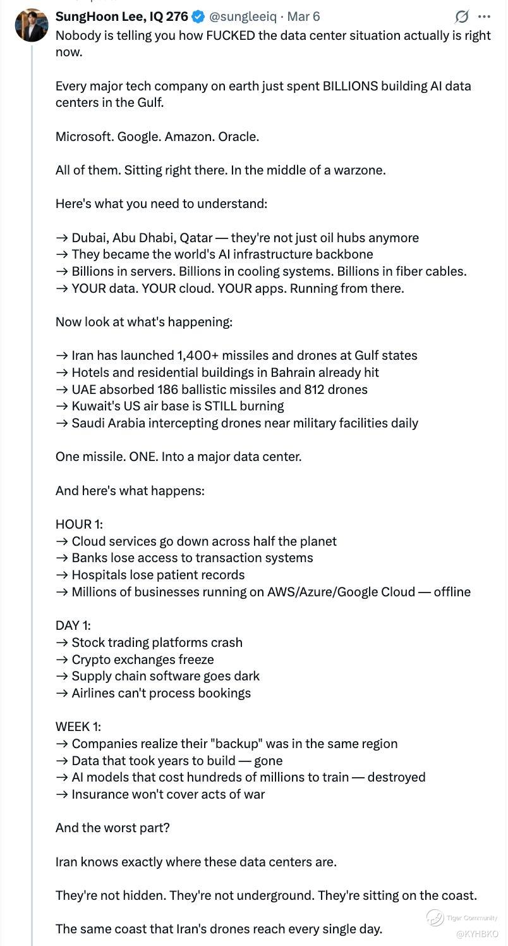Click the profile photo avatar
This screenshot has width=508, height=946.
click(32, 25)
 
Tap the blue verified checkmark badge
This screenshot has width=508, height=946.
click(198, 17)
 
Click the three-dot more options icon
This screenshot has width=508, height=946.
click(484, 17)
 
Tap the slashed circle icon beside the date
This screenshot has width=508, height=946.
click(462, 17)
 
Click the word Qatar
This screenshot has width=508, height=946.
click(196, 238)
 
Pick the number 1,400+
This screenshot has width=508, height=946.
click(202, 355)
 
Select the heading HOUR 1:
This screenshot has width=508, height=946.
click(79, 524)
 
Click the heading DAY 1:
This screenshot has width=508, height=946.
click(73, 625)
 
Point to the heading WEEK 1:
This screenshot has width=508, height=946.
click(78, 727)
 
